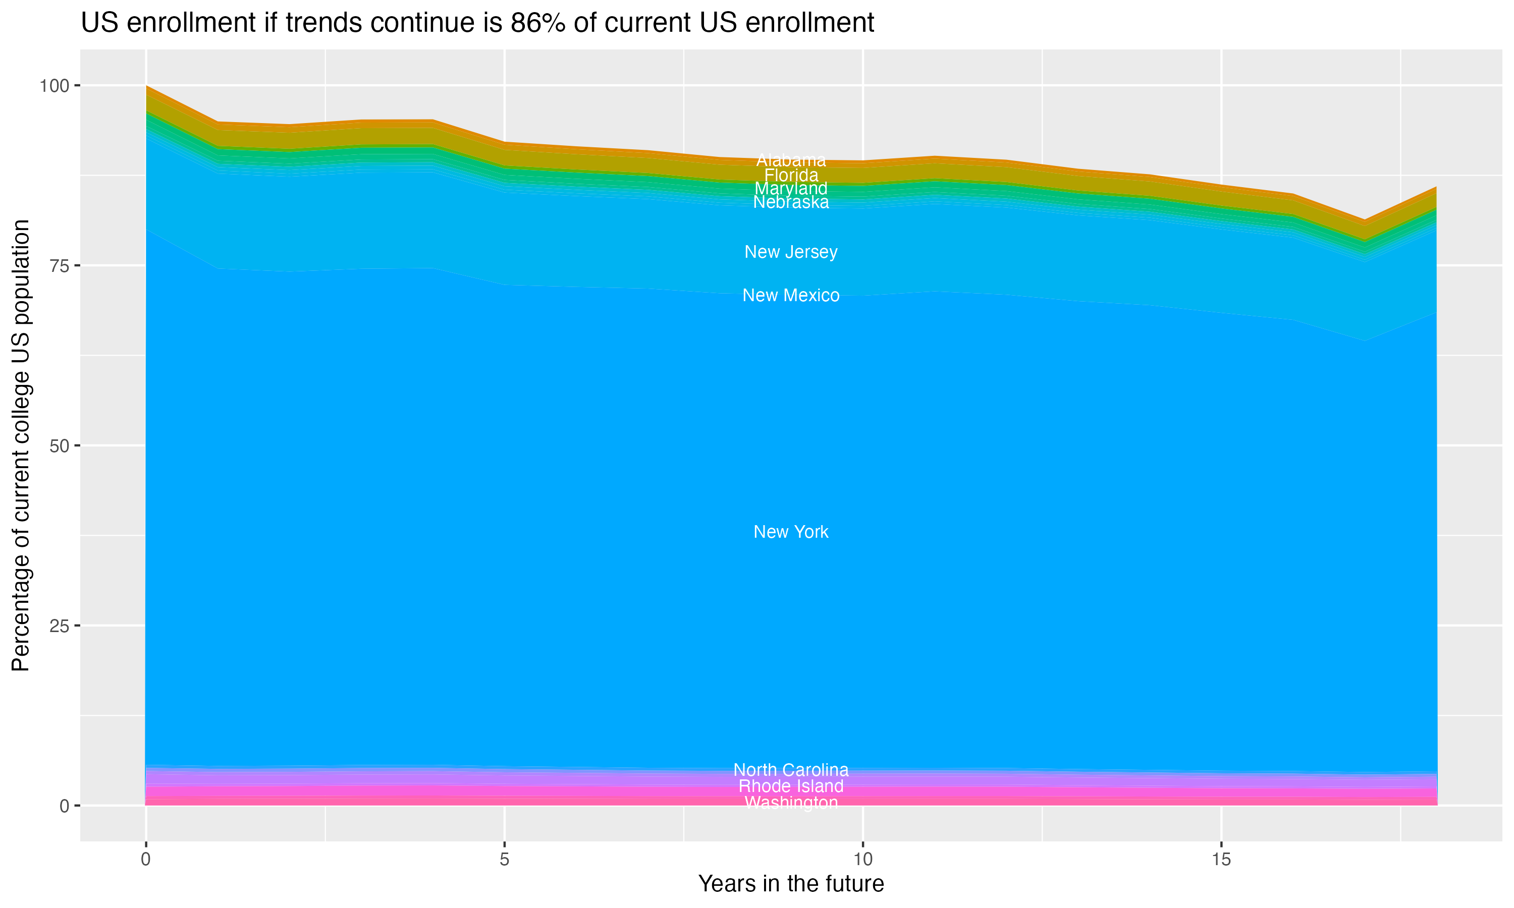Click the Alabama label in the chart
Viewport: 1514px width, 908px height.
(791, 160)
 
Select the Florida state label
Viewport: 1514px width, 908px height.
(791, 175)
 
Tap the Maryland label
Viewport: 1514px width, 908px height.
(791, 189)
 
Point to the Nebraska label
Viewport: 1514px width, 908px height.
(791, 202)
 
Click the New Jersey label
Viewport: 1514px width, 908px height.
(791, 252)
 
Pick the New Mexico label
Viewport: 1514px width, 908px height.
(791, 296)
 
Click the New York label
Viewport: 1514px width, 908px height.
(791, 532)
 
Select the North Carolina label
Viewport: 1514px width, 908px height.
(791, 770)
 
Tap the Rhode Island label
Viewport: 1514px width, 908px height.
(791, 786)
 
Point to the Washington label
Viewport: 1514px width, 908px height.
(791, 802)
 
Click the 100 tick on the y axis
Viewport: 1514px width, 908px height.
(54, 86)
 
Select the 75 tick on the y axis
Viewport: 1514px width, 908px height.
(60, 265)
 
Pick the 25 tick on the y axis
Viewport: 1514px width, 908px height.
(60, 626)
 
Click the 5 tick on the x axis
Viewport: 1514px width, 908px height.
(504, 860)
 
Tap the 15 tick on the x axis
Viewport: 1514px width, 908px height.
(1221, 860)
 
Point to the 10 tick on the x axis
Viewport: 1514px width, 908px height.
(862, 860)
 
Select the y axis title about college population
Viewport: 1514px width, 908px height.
(21, 445)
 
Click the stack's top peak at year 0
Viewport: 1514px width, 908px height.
(146, 86)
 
